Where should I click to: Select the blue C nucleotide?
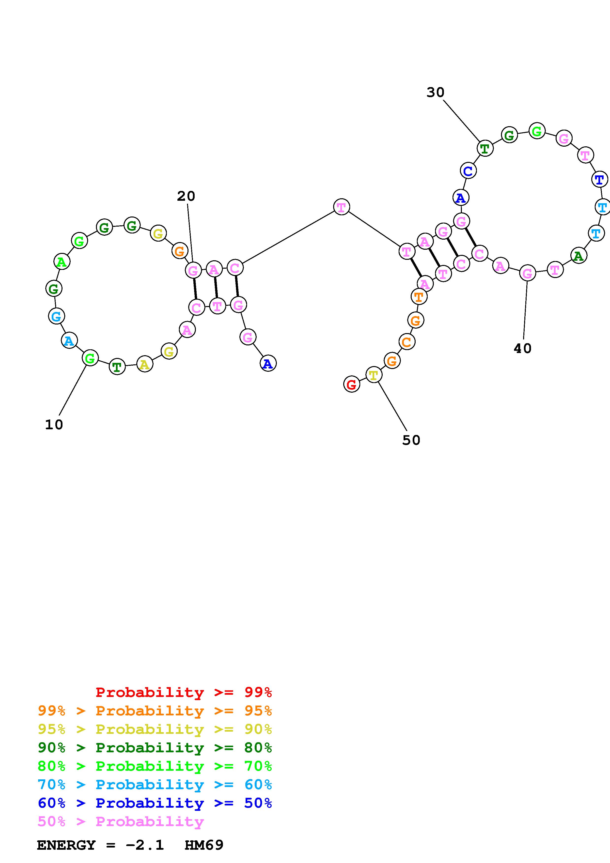[x=468, y=171]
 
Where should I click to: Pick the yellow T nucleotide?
[x=374, y=375]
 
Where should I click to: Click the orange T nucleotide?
[x=419, y=297]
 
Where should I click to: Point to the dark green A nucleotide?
[x=579, y=256]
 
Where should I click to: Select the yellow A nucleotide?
[x=145, y=364]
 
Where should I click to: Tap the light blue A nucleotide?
[x=69, y=340]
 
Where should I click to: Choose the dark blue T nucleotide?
[x=599, y=179]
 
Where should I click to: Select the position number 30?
[x=435, y=92]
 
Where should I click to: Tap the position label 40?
[x=522, y=348]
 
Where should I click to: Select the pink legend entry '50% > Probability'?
[x=121, y=822]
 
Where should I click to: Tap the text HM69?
[x=204, y=845]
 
